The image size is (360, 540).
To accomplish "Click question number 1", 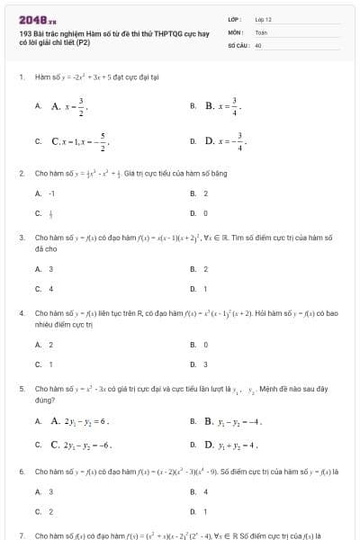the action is click(x=21, y=77).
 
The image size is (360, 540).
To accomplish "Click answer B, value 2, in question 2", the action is click(x=205, y=193).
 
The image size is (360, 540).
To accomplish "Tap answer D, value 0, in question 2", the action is click(x=205, y=213).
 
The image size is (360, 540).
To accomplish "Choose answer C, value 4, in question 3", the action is click(x=50, y=288).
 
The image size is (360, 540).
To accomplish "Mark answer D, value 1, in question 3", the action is click(x=205, y=288).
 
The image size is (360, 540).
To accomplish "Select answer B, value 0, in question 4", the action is click(x=205, y=344).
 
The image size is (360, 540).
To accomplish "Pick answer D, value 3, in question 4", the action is click(x=205, y=364).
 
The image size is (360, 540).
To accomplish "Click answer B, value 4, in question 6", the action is click(x=205, y=490).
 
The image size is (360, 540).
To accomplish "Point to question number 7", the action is click(x=21, y=535).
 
